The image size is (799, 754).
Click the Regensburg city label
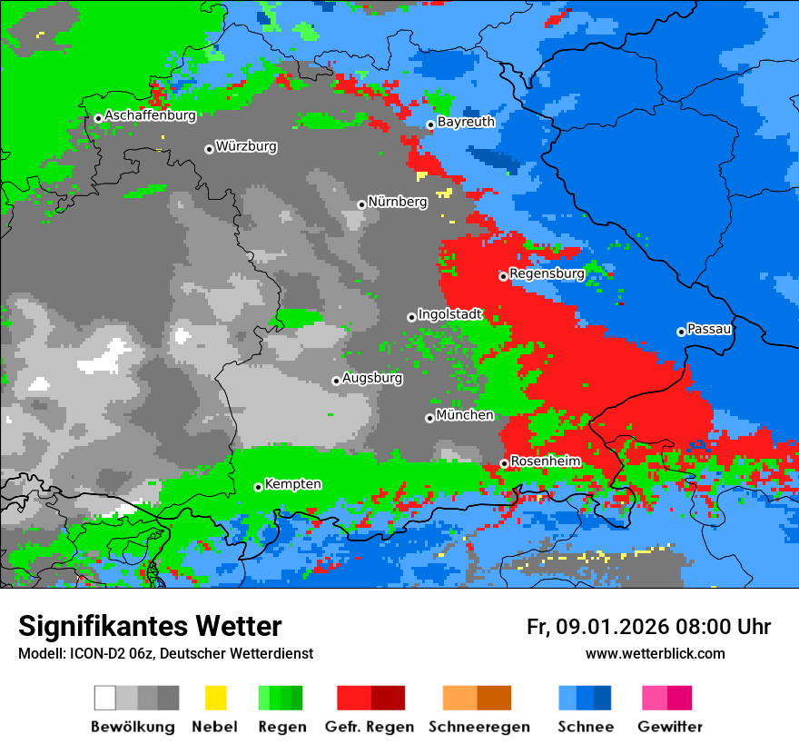pyautogui.click(x=547, y=273)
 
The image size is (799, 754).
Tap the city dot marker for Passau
pyautogui.click(x=681, y=332)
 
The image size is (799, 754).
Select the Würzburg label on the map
pyautogui.click(x=246, y=146)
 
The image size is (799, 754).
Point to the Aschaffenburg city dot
pyautogui.click(x=98, y=118)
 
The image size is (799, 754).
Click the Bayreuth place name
pyautogui.click(x=466, y=122)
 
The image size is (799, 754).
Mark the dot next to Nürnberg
pyautogui.click(x=361, y=204)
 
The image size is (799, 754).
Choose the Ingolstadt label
pyautogui.click(x=450, y=314)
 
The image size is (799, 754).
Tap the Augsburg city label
pyautogui.click(x=372, y=378)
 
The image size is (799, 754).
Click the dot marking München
pyautogui.click(x=429, y=418)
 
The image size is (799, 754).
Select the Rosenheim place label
pyautogui.click(x=545, y=461)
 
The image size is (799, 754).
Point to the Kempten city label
pyautogui.click(x=292, y=484)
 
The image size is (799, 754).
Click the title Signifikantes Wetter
pyautogui.click(x=150, y=626)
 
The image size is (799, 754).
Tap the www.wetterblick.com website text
pyautogui.click(x=655, y=653)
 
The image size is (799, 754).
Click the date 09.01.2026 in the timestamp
pyautogui.click(x=612, y=627)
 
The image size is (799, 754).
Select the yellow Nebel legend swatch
pyautogui.click(x=215, y=698)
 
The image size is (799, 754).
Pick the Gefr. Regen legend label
pyautogui.click(x=370, y=727)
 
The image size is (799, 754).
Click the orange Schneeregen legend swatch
pyautogui.click(x=459, y=698)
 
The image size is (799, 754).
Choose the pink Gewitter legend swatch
pyautogui.click(x=654, y=698)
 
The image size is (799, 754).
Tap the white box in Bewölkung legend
pyautogui.click(x=104, y=698)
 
